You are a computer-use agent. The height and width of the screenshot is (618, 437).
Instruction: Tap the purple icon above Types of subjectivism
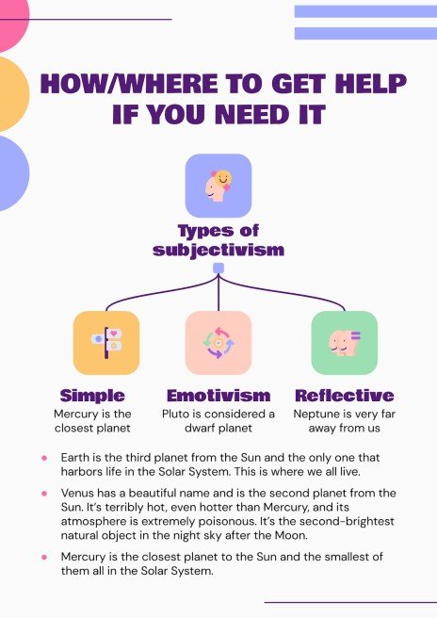218,186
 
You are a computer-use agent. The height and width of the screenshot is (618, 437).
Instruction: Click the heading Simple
92,396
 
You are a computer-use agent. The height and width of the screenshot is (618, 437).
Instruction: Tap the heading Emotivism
218,396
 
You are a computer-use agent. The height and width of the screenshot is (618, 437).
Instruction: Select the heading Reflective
344,396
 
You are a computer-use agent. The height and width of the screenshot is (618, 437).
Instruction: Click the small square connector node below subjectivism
218,268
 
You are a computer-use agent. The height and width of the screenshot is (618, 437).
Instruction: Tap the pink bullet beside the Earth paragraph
44,458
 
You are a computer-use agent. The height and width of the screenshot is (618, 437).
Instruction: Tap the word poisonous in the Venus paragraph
234,522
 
